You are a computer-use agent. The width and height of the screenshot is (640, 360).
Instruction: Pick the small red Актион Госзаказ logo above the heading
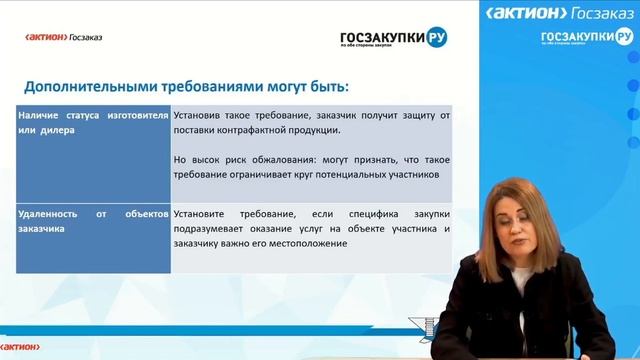coord(64,38)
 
